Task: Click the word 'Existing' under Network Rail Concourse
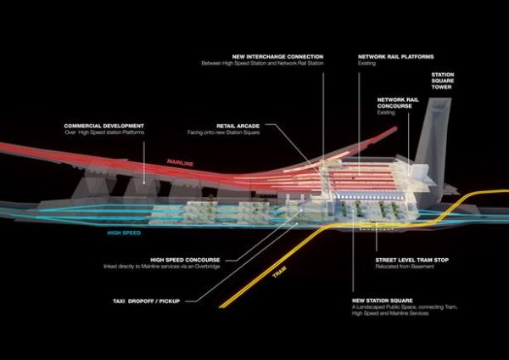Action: coord(388,110)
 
